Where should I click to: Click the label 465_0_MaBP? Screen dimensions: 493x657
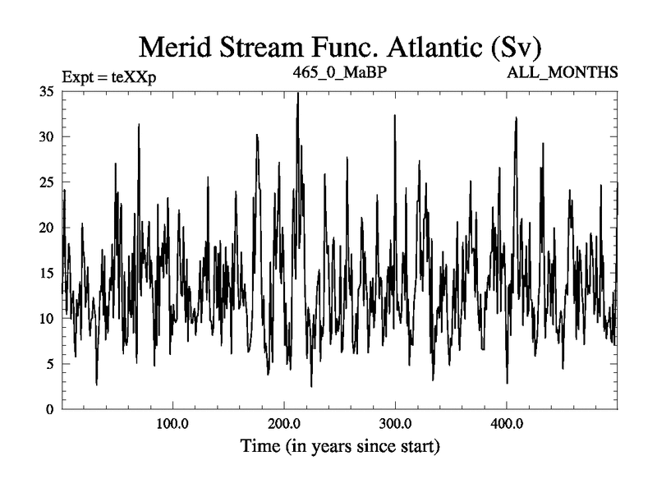(340, 72)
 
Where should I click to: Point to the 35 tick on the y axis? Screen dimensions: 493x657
(47, 92)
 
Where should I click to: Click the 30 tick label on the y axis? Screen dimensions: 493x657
(47, 137)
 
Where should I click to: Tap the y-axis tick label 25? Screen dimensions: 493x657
(47, 182)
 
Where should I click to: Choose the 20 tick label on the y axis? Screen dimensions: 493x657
(47, 228)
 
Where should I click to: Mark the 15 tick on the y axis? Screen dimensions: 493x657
(47, 273)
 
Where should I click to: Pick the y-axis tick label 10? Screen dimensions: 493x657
(47, 318)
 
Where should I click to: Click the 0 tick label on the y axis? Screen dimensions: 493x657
(50, 408)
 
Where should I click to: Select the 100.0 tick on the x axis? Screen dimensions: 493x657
(172, 425)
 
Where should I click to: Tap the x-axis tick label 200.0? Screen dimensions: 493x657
(284, 425)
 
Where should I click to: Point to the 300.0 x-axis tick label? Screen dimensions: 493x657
(395, 425)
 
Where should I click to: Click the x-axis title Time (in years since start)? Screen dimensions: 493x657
(340, 448)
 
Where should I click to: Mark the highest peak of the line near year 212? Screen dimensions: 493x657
(297, 94)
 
